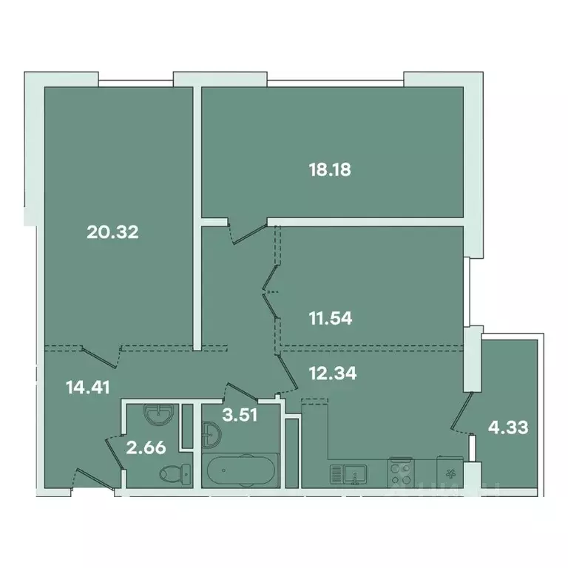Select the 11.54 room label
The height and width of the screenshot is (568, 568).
(x=329, y=319)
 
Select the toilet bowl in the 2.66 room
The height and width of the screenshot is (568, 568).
(x=176, y=471)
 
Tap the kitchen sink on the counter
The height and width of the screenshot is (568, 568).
(x=354, y=471)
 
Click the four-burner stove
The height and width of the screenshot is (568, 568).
(x=402, y=471)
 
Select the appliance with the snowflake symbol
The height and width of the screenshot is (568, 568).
(x=449, y=471)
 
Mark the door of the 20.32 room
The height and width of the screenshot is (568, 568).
(x=101, y=356)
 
